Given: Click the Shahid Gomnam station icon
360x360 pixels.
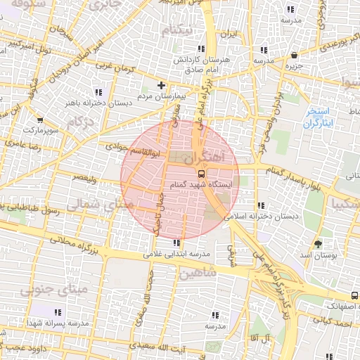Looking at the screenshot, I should (202, 172).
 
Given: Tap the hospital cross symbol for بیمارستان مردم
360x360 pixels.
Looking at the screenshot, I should (162, 85).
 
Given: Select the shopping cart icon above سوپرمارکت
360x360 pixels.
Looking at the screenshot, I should (39, 120).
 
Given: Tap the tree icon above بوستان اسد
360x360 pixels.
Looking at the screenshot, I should (319, 244).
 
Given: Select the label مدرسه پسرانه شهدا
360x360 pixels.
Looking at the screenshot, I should (57, 322).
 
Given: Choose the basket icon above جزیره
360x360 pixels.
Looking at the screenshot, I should (293, 55).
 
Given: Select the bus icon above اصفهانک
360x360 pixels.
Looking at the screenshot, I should (354, 295).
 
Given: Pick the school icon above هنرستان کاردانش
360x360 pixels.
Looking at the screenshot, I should (201, 49).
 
